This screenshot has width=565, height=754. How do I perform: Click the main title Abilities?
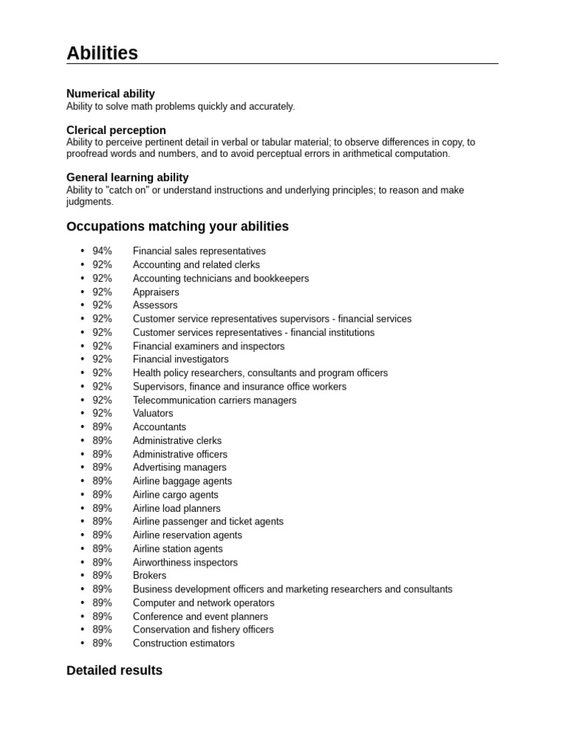pos(102,53)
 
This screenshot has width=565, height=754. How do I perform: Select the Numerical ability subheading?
pos(110,94)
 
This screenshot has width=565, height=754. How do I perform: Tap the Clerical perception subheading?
pos(116,130)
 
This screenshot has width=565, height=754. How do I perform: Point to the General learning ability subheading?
pos(127,177)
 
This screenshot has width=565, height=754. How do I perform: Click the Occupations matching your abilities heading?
pos(177,226)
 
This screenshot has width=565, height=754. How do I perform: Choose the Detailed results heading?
pos(114,671)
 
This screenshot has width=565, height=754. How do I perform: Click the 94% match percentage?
pos(102,251)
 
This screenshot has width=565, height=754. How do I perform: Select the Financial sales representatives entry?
pos(199,251)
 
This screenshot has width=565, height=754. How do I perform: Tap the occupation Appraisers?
pos(156,292)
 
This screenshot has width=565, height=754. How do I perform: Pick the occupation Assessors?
pos(155,305)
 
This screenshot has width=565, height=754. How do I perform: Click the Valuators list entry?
pos(153,413)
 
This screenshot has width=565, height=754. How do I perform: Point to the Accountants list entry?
pos(160,427)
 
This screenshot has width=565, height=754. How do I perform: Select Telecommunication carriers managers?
pos(215,401)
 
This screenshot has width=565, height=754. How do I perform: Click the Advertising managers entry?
pos(180,468)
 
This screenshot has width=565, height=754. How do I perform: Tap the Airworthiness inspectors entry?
pos(185,563)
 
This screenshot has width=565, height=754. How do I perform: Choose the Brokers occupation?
pos(149,576)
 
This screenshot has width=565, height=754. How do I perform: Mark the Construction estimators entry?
pos(184,644)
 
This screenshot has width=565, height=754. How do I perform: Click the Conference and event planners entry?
pos(200,616)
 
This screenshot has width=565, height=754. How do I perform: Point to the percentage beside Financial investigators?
pos(102,359)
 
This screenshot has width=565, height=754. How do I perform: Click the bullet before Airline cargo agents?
pos(82,495)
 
